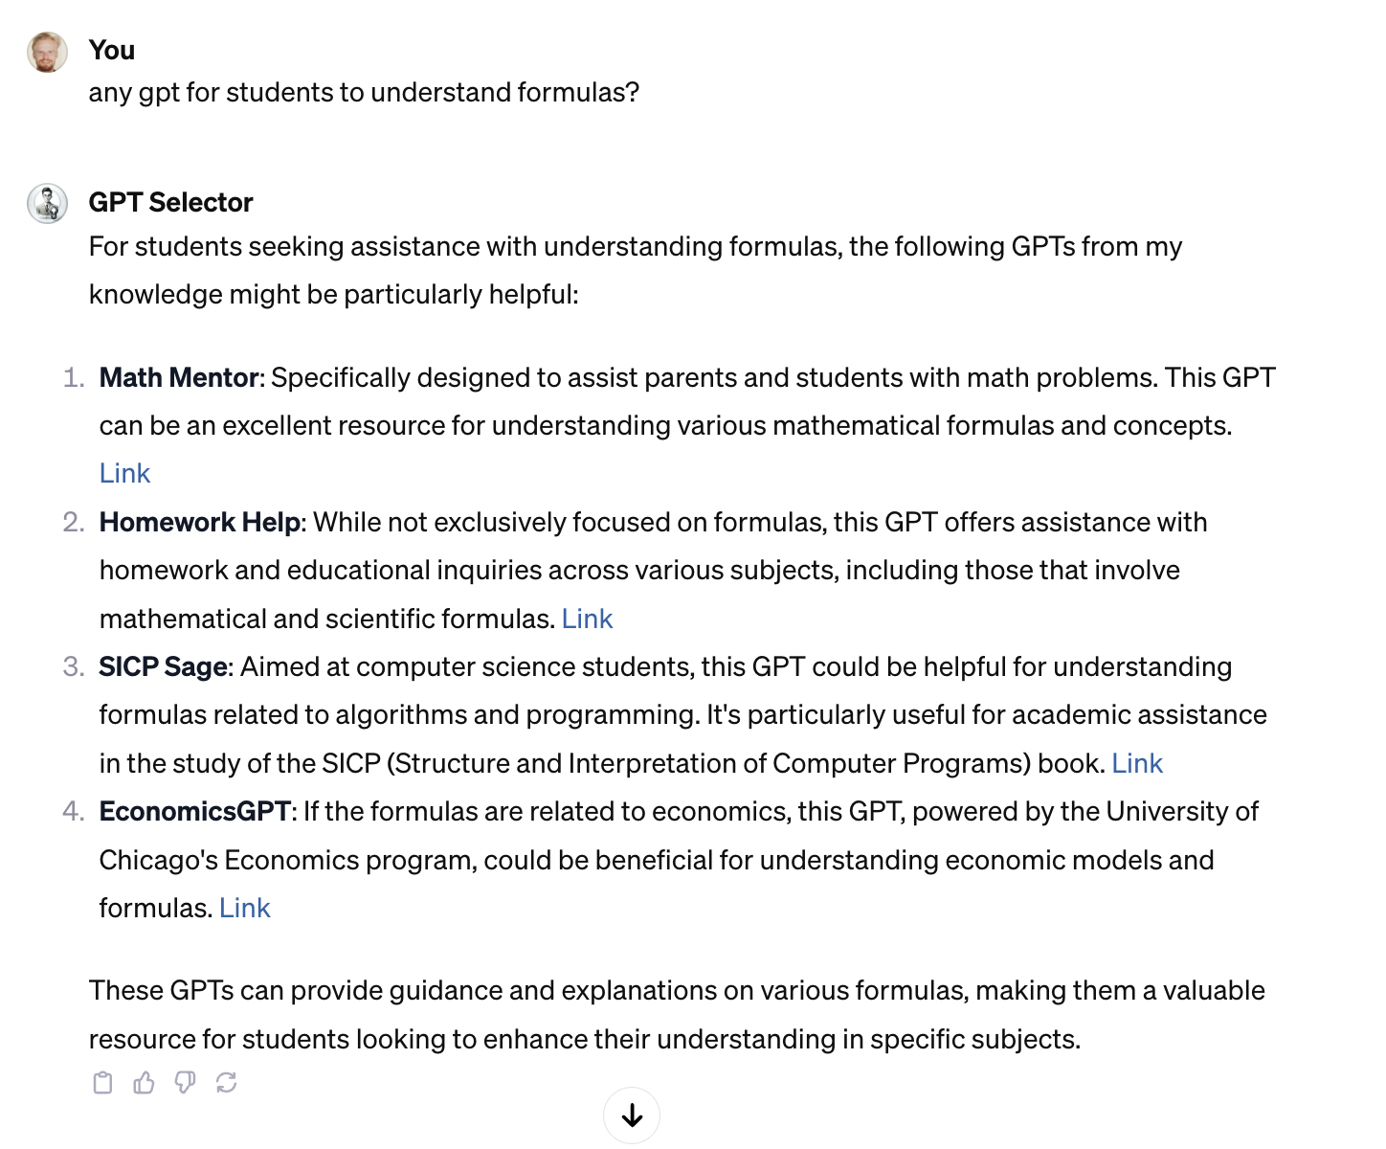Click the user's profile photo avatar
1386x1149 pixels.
point(47,52)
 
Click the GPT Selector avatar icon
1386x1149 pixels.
point(47,203)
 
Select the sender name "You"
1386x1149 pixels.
point(111,50)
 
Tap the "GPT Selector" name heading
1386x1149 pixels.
point(170,202)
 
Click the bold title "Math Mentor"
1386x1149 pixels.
point(179,377)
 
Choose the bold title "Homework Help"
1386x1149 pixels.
point(200,522)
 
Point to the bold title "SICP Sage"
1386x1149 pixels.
point(164,666)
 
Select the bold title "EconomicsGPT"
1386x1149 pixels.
point(194,811)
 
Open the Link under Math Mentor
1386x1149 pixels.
point(124,473)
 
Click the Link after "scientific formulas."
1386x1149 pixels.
point(587,619)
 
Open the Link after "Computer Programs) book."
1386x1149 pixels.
point(1136,763)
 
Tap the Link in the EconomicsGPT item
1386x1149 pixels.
point(244,908)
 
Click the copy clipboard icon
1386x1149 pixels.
point(102,1083)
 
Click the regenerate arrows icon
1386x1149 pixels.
point(226,1083)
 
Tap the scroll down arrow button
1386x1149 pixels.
point(632,1115)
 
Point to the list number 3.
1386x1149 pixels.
point(73,666)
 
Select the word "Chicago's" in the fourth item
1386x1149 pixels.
point(158,860)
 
